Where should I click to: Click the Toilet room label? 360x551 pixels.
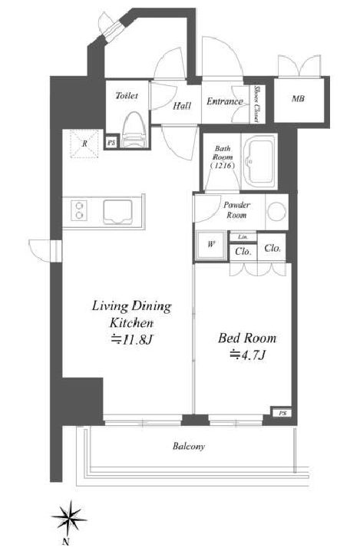click(127, 95)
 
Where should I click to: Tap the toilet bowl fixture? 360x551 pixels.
click(134, 130)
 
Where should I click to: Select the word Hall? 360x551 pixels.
click(182, 105)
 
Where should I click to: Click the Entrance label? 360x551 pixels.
click(225, 101)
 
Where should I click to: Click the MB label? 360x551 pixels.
click(298, 99)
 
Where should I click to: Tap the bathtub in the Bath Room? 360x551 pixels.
click(260, 161)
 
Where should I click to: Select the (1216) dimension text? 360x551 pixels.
click(223, 165)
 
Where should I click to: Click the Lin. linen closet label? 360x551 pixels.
click(243, 237)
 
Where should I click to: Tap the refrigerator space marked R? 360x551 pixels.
click(84, 144)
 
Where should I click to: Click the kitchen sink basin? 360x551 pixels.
click(117, 212)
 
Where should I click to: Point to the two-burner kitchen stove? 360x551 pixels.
click(79, 210)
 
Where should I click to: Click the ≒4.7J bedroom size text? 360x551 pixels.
click(247, 355)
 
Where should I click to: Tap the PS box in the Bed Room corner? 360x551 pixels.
click(282, 413)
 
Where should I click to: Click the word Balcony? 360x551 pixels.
click(188, 447)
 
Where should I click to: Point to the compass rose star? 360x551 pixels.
click(69, 518)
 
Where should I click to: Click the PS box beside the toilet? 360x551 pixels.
click(112, 143)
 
